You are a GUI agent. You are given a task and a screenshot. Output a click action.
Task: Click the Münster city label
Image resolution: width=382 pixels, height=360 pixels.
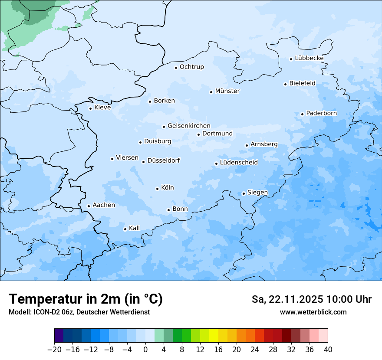[227, 91]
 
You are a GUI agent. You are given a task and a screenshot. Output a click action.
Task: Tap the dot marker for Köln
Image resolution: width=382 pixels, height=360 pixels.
[157, 189]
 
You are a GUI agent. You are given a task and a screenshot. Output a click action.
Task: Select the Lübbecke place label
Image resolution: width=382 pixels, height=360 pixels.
[309, 58]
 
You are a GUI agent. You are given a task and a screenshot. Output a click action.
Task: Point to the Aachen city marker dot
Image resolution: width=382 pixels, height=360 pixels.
[89, 206]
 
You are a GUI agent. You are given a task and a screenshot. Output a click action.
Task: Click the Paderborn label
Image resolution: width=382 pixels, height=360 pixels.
[321, 113]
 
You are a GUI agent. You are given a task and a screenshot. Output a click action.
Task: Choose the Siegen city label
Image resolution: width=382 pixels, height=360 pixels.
[257, 193]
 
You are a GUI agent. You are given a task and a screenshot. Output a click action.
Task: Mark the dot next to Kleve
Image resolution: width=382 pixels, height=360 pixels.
[90, 108]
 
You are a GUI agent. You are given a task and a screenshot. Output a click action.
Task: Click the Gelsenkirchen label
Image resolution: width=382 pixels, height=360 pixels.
[189, 126]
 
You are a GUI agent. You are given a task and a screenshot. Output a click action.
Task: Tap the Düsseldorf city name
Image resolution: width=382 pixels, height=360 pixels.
[164, 160]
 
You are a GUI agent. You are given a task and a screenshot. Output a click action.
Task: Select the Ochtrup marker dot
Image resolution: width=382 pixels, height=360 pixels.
[176, 67]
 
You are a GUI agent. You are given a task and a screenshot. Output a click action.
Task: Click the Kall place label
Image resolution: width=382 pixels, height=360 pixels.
[135, 228]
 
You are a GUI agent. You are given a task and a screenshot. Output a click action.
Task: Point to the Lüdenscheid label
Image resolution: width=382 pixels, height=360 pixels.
[239, 163]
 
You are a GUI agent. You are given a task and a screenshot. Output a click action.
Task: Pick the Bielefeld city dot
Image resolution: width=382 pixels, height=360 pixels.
[286, 84]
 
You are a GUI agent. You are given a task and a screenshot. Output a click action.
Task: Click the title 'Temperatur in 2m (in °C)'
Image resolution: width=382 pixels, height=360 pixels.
[86, 299]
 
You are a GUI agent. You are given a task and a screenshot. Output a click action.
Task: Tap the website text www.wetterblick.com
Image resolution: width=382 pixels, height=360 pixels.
[313, 312]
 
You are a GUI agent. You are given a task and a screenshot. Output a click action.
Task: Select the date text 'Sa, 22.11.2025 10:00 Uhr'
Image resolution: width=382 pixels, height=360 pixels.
[311, 299]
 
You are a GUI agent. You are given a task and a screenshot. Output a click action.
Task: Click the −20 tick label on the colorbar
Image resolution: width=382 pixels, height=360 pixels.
[54, 350]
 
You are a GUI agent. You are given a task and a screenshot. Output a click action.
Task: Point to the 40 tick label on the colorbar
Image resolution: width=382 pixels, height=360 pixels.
[328, 350]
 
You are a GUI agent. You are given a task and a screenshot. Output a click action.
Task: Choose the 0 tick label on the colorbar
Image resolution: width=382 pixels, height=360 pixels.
[145, 350]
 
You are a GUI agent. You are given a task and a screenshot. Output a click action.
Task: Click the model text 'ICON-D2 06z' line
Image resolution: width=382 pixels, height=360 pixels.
[79, 312]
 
